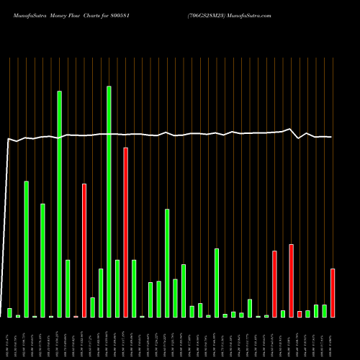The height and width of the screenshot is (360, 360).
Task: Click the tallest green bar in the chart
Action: click(109, 202)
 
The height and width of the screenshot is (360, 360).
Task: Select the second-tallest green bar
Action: click(60, 204)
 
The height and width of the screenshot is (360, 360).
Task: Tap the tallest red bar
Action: click(125, 233)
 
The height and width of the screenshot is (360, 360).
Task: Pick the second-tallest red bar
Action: click(84, 251)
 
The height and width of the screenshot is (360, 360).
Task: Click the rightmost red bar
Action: click(333, 293)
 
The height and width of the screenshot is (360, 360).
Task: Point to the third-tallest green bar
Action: click(27, 249)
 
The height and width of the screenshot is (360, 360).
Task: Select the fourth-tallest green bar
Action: click(42, 261)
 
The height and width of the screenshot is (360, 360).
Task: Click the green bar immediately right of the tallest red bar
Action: click(134, 288)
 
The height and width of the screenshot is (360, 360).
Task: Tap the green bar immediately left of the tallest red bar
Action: click(117, 288)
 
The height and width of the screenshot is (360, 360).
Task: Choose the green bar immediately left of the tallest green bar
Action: click(101, 293)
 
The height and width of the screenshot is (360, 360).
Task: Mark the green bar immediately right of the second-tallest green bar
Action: click(68, 288)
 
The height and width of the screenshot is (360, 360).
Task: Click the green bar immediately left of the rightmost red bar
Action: click(324, 311)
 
